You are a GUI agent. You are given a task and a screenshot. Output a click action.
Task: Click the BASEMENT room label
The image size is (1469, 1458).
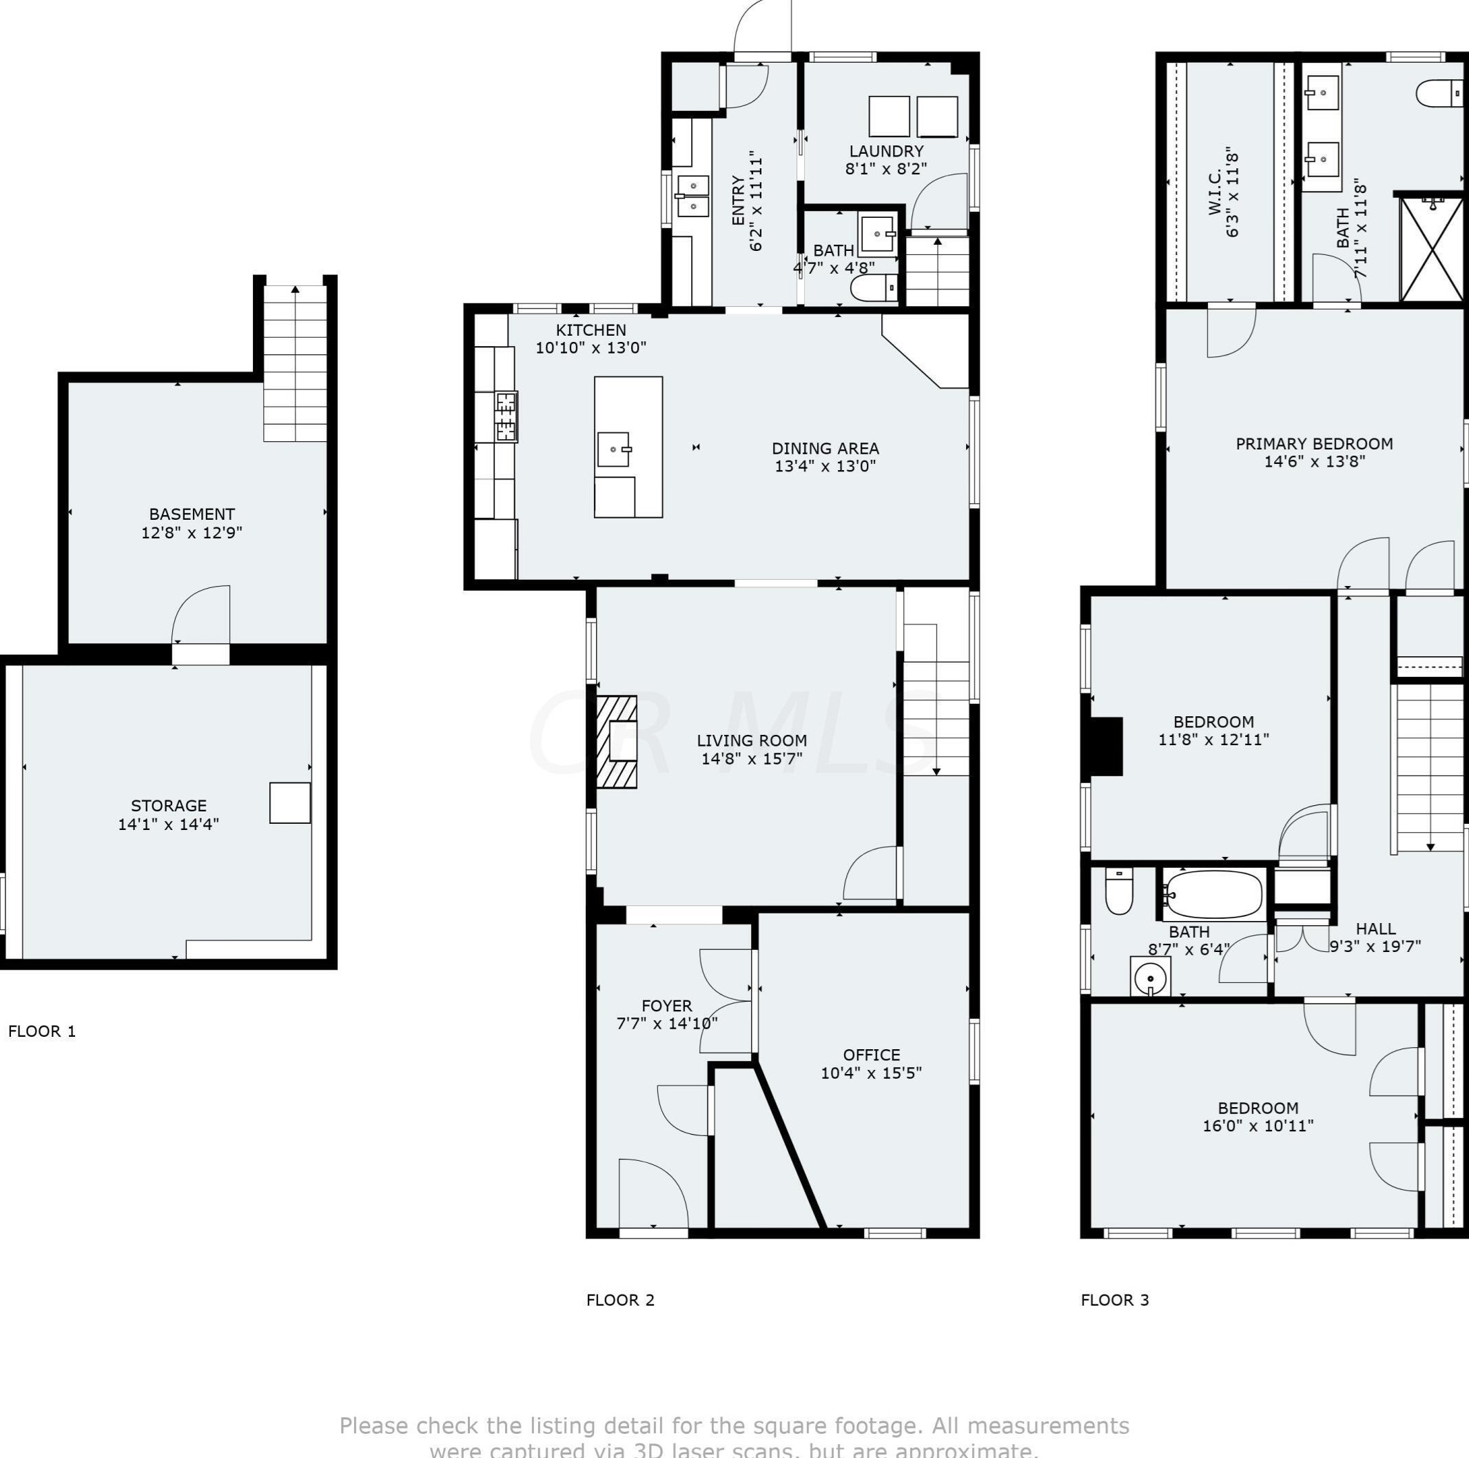[192, 514]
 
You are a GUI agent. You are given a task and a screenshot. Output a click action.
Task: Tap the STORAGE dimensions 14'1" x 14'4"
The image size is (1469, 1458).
[168, 824]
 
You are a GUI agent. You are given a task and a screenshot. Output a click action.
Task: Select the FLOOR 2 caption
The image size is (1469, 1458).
[619, 1300]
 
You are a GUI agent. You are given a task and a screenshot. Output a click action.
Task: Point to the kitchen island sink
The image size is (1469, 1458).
[613, 449]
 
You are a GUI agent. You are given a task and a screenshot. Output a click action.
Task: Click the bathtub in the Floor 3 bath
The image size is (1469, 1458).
[1213, 895]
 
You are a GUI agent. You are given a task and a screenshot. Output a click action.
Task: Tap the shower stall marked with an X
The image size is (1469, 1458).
[1432, 249]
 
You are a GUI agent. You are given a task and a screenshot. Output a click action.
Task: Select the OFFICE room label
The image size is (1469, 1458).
[872, 1055]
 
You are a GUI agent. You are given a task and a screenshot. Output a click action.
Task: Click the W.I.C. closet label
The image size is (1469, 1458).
[1214, 192]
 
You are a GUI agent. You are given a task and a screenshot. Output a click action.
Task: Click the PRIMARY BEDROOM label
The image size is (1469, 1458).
[1314, 443]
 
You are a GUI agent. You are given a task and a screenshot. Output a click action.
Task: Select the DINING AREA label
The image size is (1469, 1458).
[825, 449]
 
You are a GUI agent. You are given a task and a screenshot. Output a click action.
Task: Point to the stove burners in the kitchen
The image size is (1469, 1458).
[506, 417]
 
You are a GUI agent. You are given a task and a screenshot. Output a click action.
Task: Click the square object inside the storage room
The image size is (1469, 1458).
[289, 802]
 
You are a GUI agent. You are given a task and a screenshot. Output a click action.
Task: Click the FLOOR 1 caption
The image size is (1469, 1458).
[42, 1031]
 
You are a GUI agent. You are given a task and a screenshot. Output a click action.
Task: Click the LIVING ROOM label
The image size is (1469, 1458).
[751, 740]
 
